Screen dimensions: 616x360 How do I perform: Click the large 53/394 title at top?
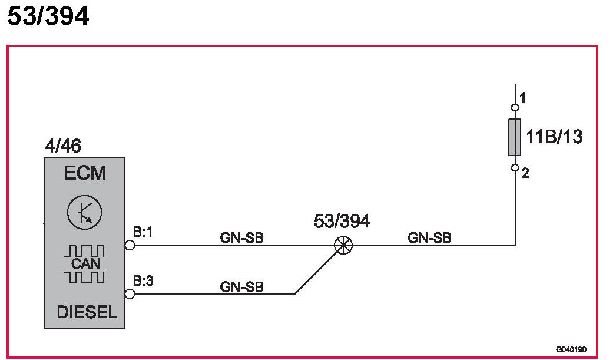click(x=48, y=16)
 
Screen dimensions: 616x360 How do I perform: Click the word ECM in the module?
click(x=85, y=173)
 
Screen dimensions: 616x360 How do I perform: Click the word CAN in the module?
click(x=85, y=263)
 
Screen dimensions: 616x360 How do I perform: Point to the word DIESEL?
click(x=87, y=312)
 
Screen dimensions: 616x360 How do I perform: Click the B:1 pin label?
click(x=143, y=233)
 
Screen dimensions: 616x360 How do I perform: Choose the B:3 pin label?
click(x=143, y=281)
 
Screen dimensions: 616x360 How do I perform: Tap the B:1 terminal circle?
click(x=130, y=245)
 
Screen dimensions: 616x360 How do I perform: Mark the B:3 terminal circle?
click(x=130, y=293)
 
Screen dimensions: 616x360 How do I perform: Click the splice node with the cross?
click(x=343, y=245)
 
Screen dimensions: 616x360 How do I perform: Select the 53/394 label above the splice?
click(x=342, y=222)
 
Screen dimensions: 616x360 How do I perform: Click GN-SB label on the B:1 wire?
click(x=241, y=238)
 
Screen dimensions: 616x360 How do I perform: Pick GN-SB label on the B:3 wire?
click(x=241, y=287)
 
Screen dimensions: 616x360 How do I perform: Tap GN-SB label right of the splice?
click(x=429, y=238)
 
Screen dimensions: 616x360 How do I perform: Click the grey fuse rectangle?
click(x=515, y=137)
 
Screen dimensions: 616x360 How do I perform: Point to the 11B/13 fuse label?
click(x=554, y=137)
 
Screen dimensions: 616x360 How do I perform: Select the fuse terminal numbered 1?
click(x=515, y=107)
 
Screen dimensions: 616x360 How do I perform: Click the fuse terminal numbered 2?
click(x=515, y=168)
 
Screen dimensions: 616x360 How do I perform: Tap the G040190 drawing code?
click(x=571, y=348)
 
